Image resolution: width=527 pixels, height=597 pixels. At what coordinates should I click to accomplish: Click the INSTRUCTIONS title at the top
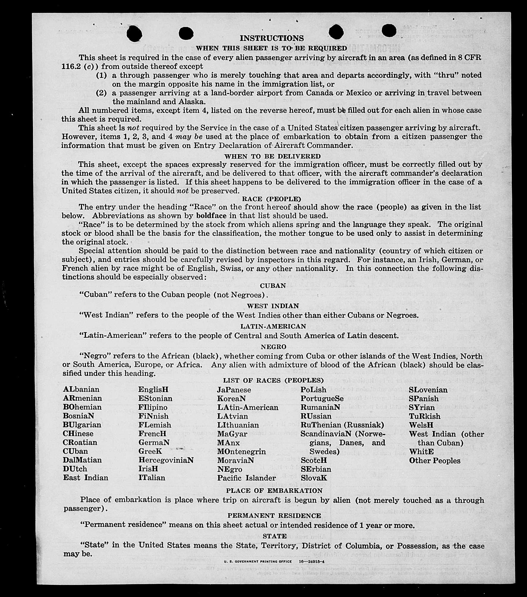tap(272, 38)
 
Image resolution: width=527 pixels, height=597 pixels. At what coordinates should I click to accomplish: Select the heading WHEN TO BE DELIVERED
tap(272, 156)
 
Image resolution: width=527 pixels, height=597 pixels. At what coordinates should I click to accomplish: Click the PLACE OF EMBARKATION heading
tap(274, 491)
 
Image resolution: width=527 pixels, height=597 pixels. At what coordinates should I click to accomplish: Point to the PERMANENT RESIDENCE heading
tap(274, 516)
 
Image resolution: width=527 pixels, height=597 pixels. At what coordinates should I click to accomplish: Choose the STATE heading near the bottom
tap(274, 536)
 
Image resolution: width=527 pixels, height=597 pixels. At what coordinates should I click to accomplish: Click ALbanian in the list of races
tap(81, 389)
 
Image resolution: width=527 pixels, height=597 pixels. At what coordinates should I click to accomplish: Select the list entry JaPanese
tap(234, 390)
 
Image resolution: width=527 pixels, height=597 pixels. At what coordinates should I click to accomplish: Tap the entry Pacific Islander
tap(246, 478)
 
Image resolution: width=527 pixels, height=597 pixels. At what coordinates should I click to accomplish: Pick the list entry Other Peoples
tap(435, 461)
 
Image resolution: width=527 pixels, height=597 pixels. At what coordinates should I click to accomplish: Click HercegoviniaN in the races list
tap(166, 460)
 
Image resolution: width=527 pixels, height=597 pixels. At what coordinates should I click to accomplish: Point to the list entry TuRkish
tap(424, 416)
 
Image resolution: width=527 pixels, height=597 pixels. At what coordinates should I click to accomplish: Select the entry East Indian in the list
tap(86, 478)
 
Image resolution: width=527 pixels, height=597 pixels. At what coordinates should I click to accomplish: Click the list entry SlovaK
tap(314, 478)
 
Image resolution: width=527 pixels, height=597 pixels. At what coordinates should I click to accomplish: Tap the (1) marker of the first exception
tap(101, 76)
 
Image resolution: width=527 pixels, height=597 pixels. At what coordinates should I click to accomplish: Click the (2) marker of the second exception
tap(101, 93)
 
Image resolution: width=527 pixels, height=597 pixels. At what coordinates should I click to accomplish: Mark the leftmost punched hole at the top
tap(134, 33)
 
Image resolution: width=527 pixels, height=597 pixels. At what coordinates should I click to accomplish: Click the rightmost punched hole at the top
tap(389, 30)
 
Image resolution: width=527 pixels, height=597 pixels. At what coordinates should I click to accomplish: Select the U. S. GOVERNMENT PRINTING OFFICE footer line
tap(274, 562)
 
